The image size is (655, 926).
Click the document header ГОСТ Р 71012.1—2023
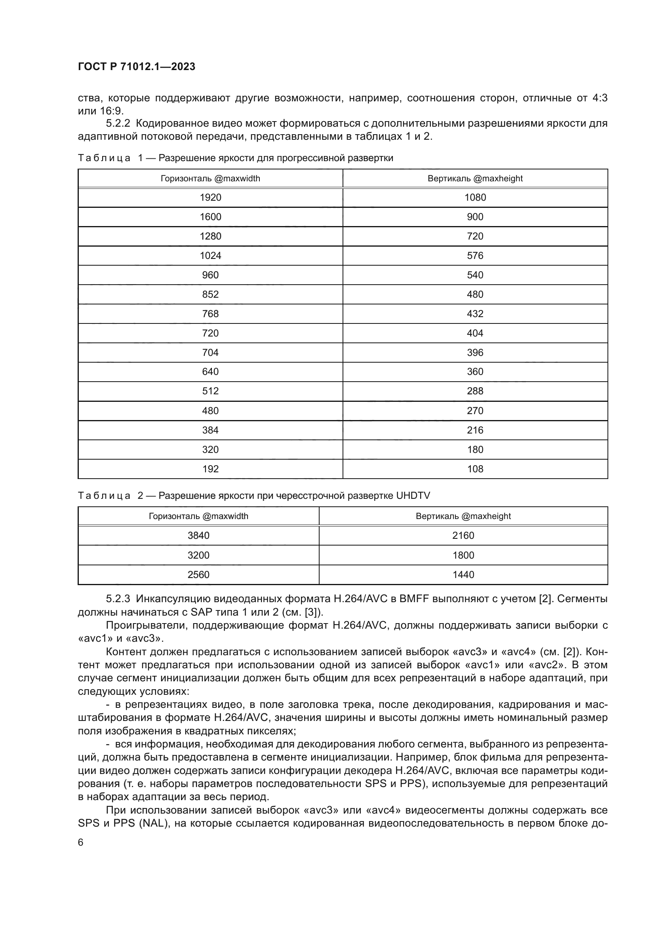pyautogui.click(x=136, y=67)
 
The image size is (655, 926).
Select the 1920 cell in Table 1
pyautogui.click(x=210, y=198)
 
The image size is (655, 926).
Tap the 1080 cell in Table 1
pyautogui.click(x=475, y=198)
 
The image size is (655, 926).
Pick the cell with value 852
pyautogui.click(x=210, y=295)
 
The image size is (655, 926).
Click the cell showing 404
pyautogui.click(x=475, y=333)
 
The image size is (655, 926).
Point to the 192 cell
pyautogui.click(x=210, y=469)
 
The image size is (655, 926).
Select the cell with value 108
pyautogui.click(x=475, y=469)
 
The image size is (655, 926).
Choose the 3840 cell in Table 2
pyautogui.click(x=198, y=536)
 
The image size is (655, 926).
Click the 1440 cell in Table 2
pyautogui.click(x=463, y=575)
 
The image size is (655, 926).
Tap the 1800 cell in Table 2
pyautogui.click(x=463, y=555)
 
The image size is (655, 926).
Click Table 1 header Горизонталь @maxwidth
pyautogui.click(x=210, y=179)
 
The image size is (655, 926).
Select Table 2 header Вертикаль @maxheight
pyautogui.click(x=463, y=516)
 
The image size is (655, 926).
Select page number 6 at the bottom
pyautogui.click(x=81, y=842)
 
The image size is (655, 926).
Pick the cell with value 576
pyautogui.click(x=475, y=256)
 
